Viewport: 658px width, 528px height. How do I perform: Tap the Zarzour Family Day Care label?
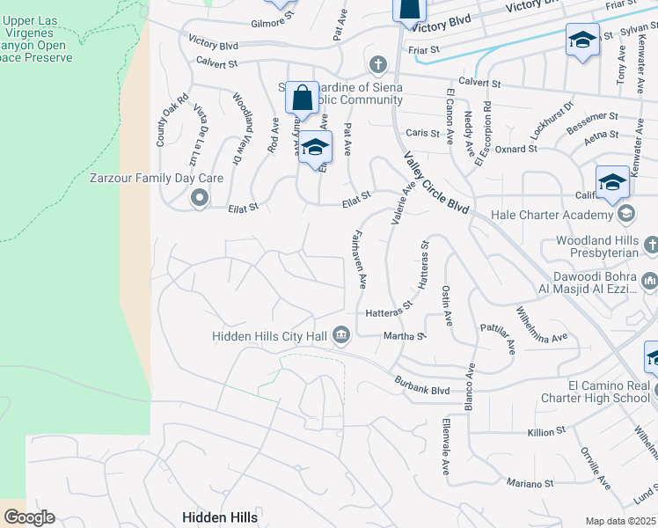pos(157,178)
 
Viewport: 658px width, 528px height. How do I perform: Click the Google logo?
pos(29,517)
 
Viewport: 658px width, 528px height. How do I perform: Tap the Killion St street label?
pos(546,432)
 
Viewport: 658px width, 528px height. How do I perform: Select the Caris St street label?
pos(422,133)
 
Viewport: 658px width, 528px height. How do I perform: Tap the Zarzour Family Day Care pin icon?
pos(199,199)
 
